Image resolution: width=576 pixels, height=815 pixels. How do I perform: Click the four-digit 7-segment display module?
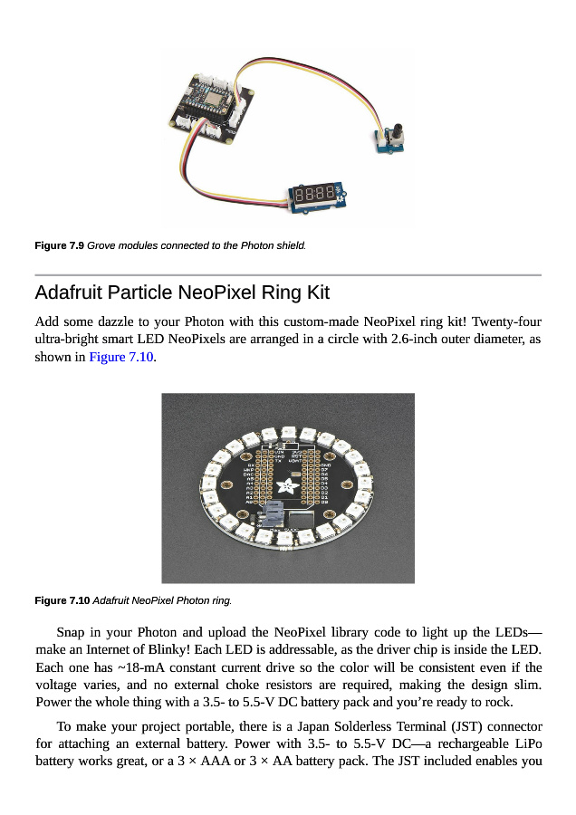pos(316,194)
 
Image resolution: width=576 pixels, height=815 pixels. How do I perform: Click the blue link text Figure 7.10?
pos(121,357)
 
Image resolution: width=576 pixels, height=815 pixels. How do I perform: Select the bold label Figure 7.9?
pos(59,245)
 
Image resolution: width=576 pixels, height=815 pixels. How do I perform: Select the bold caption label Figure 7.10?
pos(62,600)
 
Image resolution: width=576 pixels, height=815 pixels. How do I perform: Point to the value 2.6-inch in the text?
pos(408,339)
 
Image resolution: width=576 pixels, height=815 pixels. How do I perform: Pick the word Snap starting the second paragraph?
pos(72,632)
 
